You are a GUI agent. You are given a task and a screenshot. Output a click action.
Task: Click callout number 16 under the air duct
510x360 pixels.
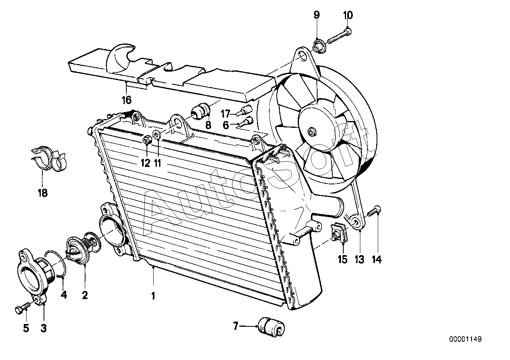click(127, 100)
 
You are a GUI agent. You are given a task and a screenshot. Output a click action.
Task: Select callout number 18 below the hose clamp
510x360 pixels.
click(42, 193)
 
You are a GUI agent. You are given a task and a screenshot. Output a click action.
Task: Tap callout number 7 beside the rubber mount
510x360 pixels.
click(236, 326)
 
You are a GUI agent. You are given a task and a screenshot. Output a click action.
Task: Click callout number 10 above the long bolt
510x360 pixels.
click(348, 15)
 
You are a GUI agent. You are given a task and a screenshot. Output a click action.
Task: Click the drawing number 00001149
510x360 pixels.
click(465, 339)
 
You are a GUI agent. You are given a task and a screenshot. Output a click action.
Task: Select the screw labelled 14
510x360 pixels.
click(373, 211)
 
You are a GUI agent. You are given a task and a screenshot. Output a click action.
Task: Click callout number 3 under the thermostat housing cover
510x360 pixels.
click(44, 328)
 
